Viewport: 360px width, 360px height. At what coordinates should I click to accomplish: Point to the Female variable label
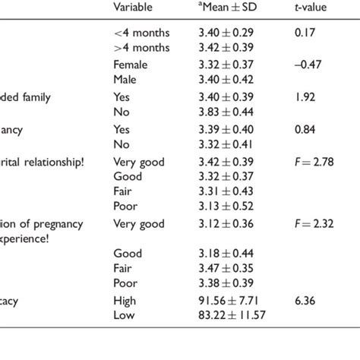(130, 65)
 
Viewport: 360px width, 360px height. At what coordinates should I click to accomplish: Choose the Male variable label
(125, 79)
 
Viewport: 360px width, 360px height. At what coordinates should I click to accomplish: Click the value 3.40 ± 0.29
(226, 33)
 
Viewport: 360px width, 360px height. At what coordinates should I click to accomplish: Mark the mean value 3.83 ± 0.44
(226, 112)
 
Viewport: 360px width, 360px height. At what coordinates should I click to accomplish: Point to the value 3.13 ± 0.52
(226, 205)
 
